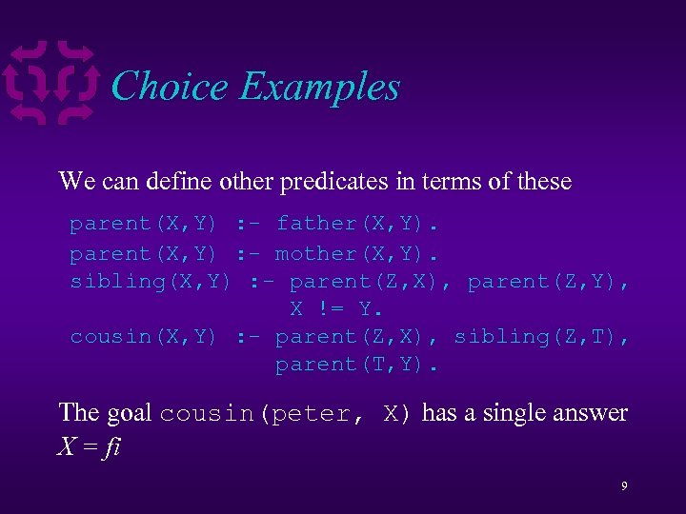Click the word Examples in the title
tap(319, 88)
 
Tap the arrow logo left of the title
tap(51, 83)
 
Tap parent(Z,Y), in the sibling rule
tap(549, 281)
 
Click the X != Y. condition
tap(335, 308)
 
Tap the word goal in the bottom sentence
tap(129, 412)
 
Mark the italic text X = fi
tap(89, 446)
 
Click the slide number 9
tap(623, 486)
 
